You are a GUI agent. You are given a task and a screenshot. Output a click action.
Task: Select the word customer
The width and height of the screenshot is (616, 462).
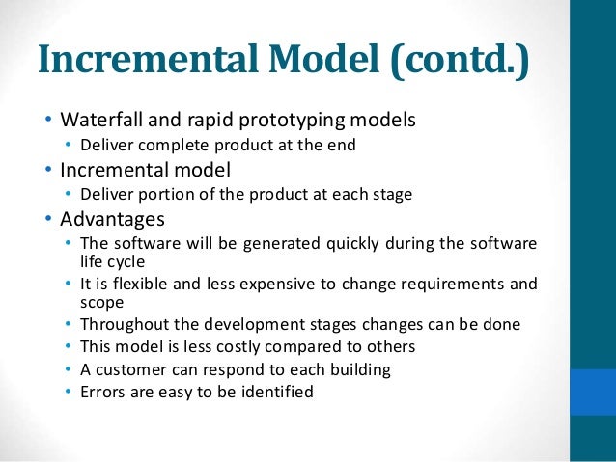pyautogui.click(x=133, y=369)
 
